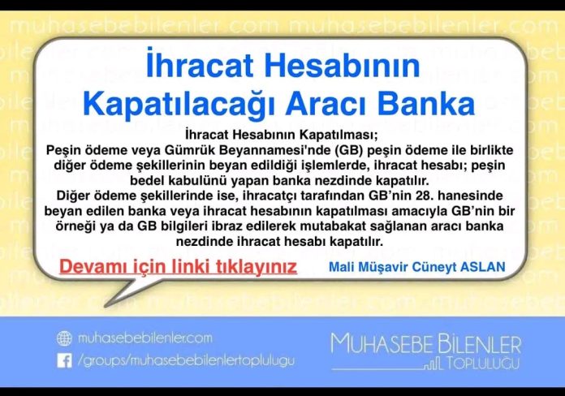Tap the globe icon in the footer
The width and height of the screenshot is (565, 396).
point(64,338)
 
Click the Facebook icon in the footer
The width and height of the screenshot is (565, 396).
point(64,361)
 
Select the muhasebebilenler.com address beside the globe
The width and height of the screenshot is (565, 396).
point(145,338)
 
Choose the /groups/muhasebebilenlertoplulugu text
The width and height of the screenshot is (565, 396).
point(186,361)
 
